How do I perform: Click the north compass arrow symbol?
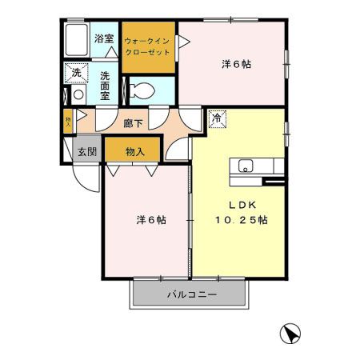pyautogui.click(x=290, y=334)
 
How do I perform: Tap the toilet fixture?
pyautogui.click(x=142, y=90)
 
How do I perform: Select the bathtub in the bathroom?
pyautogui.click(x=76, y=39)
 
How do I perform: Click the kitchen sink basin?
pyautogui.click(x=246, y=166)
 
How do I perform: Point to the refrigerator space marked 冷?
pyautogui.click(x=218, y=118)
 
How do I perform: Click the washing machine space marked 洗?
pyautogui.click(x=76, y=73)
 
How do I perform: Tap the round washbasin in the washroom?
pyautogui.click(x=78, y=94)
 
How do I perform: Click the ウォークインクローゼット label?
pyautogui.click(x=147, y=46)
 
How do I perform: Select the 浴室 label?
pyautogui.click(x=104, y=39)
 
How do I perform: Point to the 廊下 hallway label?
pyautogui.click(x=133, y=123)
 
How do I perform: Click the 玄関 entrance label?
pyautogui.click(x=87, y=152)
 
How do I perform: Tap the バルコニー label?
pyautogui.click(x=192, y=294)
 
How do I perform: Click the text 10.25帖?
pyautogui.click(x=242, y=220)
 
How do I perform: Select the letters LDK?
pyautogui.click(x=242, y=205)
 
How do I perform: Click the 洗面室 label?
pyautogui.click(x=105, y=86)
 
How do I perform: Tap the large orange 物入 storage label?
pyautogui.click(x=135, y=152)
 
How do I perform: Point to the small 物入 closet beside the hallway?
pyautogui.click(x=68, y=122)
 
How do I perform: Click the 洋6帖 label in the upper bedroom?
pyautogui.click(x=236, y=65)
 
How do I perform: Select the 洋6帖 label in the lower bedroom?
pyautogui.click(x=151, y=220)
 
